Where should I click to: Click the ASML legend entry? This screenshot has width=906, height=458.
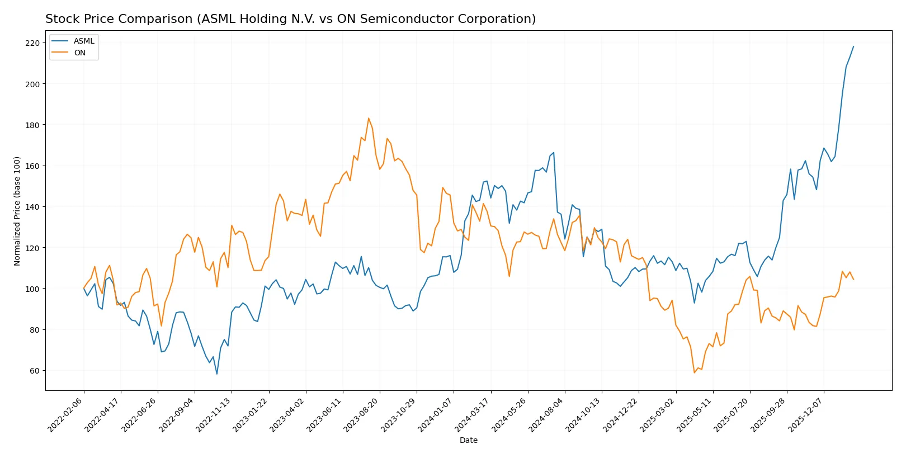coord(84,41)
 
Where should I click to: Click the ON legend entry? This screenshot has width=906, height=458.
coord(79,53)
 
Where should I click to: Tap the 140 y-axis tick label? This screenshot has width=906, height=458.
coord(32,207)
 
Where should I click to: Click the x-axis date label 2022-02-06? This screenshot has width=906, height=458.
coord(66,414)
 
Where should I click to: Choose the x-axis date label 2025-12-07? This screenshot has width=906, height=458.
coord(806,414)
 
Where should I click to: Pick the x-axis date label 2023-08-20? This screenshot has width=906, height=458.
coord(362,414)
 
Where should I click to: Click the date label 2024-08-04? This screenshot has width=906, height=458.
coord(547,414)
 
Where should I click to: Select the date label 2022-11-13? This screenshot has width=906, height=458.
coord(214,414)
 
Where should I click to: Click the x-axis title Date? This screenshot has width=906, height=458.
coord(468,440)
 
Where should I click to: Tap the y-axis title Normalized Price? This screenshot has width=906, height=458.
coord(17,211)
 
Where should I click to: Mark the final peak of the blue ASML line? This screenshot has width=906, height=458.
coord(853,46)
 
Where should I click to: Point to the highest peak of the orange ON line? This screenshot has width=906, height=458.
coord(369,118)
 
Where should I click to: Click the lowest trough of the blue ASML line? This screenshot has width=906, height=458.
coord(217,374)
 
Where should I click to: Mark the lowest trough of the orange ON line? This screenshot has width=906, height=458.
coord(694,372)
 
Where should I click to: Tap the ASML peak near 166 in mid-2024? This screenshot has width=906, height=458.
coord(554,153)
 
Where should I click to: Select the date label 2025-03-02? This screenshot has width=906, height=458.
coord(658,414)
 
